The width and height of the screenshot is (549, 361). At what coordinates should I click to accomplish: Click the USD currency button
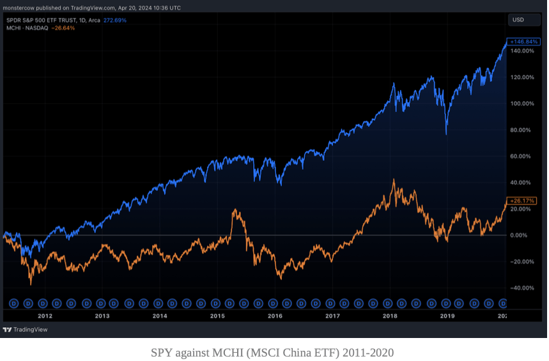click(x=524, y=20)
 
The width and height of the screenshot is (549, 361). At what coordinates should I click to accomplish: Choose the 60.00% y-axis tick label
click(x=520, y=156)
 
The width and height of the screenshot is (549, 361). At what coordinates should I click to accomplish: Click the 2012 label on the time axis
click(x=45, y=316)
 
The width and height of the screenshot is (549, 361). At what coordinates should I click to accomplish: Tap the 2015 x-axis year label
click(x=217, y=316)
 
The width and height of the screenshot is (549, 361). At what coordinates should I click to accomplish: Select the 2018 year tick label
click(x=390, y=316)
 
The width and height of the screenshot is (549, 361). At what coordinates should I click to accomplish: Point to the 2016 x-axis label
click(x=275, y=316)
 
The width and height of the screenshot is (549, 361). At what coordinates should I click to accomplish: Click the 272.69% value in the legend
click(x=115, y=20)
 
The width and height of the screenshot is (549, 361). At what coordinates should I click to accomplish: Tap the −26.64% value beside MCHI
click(x=63, y=28)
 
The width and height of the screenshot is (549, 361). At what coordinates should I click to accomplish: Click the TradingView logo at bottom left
click(x=25, y=330)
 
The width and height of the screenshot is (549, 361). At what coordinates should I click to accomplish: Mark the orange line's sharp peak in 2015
click(x=235, y=210)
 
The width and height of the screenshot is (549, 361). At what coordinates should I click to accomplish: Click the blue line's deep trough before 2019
click(x=445, y=134)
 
